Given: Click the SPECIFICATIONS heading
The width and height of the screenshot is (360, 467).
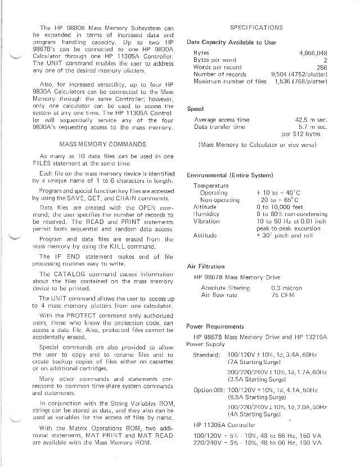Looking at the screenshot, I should click(256, 28).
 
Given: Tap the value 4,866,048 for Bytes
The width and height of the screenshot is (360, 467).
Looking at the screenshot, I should click(313, 52).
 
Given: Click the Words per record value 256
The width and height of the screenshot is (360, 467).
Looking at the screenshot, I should click(322, 67).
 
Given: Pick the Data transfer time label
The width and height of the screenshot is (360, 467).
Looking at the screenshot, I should click(219, 127).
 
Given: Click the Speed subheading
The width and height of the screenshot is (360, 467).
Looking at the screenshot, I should click(195, 109).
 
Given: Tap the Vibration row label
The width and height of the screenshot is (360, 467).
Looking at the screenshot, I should click(206, 221).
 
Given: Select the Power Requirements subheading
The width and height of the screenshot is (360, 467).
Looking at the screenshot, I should click(215, 326).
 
